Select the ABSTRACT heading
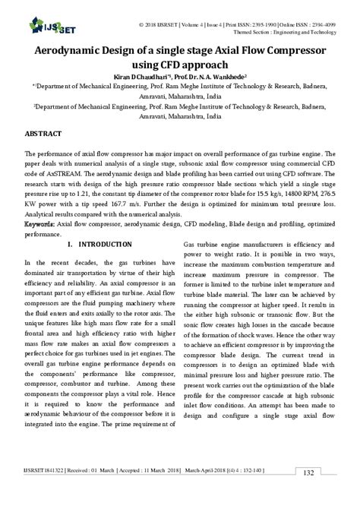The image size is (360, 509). tap(44, 132)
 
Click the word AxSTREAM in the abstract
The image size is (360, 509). tap(68, 175)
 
